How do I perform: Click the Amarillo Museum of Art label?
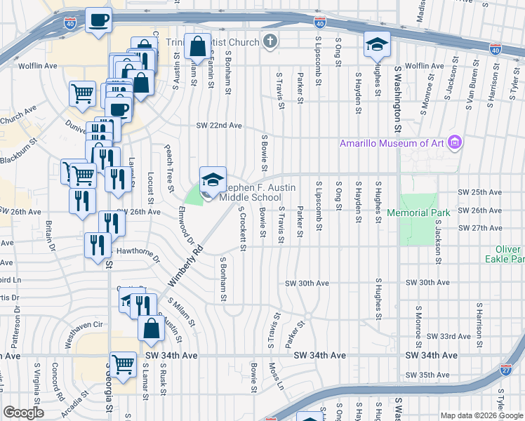coord(393,143)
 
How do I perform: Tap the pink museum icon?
coord(456,143)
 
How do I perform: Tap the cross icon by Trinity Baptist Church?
coord(268,41)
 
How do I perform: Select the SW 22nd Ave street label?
coord(218,126)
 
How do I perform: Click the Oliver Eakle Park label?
coord(504,254)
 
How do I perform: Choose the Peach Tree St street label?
coord(169,171)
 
